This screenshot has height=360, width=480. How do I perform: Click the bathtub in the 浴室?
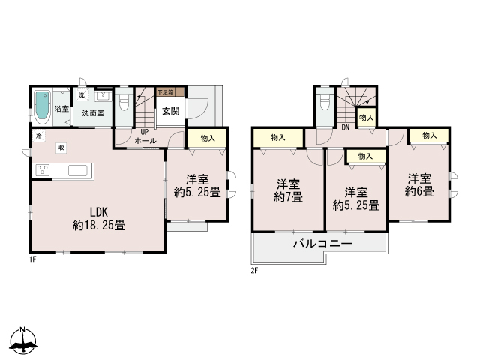coord(43,107)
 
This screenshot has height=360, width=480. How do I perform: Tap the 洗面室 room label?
coord(93,112)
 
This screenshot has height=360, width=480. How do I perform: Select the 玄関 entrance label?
coord(169,112)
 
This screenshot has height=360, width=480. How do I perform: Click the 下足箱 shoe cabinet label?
coord(165,92)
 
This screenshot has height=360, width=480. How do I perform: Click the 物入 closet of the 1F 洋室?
coord(207,138)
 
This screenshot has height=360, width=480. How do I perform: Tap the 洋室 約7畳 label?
coord(289,190)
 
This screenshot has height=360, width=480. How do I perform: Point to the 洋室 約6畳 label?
coord(419,184)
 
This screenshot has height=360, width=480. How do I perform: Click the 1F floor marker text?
coord(34,259)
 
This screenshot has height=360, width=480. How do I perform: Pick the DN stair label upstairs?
coord(346,127)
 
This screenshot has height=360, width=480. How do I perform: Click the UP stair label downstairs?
coord(144,133)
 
